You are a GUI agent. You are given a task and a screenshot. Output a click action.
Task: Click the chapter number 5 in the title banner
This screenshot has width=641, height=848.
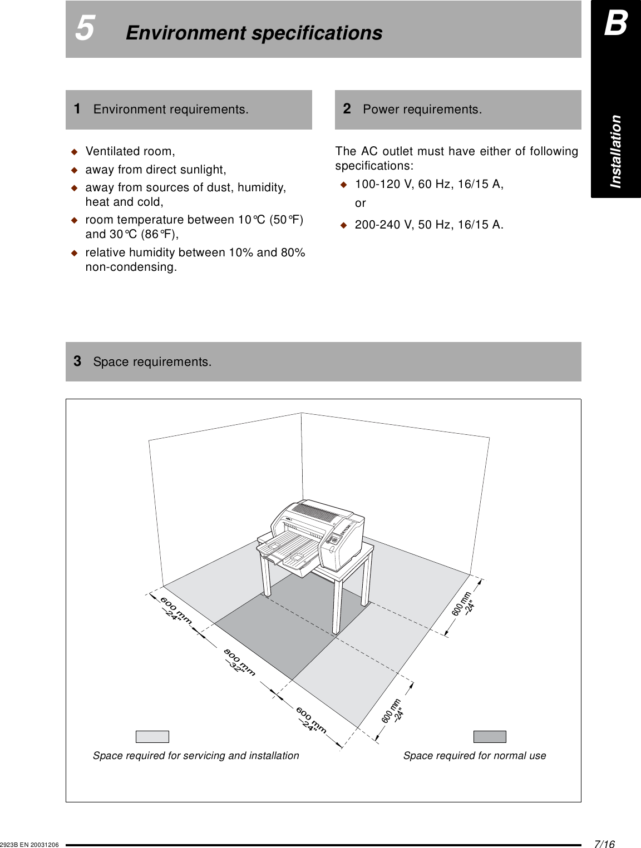(x=85, y=28)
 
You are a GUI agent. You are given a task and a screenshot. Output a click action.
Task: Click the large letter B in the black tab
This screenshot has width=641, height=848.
(x=615, y=24)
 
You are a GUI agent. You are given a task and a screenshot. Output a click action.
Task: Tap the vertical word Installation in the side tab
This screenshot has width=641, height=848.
(x=615, y=151)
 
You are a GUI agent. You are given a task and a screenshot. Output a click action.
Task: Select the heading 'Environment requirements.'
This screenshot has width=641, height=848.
(x=171, y=110)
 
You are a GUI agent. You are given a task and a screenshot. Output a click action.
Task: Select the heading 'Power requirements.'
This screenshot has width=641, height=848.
(x=422, y=110)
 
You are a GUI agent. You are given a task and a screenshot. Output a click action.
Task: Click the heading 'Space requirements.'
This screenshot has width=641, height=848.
(x=152, y=362)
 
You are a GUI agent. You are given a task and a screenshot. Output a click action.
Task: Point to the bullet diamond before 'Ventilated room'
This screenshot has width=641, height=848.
(x=74, y=152)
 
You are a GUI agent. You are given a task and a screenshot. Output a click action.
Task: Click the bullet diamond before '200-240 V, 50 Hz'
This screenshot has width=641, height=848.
(x=343, y=225)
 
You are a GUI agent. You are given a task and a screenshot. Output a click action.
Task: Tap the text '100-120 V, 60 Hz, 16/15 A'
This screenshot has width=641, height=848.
(x=429, y=184)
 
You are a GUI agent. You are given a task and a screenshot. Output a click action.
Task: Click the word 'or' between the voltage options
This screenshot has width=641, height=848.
(x=361, y=204)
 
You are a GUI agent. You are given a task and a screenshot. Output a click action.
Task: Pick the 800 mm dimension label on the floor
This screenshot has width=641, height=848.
(x=239, y=662)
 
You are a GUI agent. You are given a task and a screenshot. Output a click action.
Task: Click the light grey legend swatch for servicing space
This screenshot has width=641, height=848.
(x=152, y=737)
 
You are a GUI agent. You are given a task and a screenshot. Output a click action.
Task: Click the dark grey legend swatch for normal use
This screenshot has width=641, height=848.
(x=490, y=737)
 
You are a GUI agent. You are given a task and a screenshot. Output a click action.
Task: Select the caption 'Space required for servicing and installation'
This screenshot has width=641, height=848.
(x=196, y=756)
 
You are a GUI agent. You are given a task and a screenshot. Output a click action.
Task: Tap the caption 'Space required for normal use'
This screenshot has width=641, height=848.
(x=475, y=756)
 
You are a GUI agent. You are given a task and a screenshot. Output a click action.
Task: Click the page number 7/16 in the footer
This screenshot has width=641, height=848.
(x=604, y=844)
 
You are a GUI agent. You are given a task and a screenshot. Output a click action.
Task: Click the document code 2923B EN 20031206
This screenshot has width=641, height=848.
(x=29, y=845)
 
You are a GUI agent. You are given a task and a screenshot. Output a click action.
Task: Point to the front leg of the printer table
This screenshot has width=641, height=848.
(x=337, y=606)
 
